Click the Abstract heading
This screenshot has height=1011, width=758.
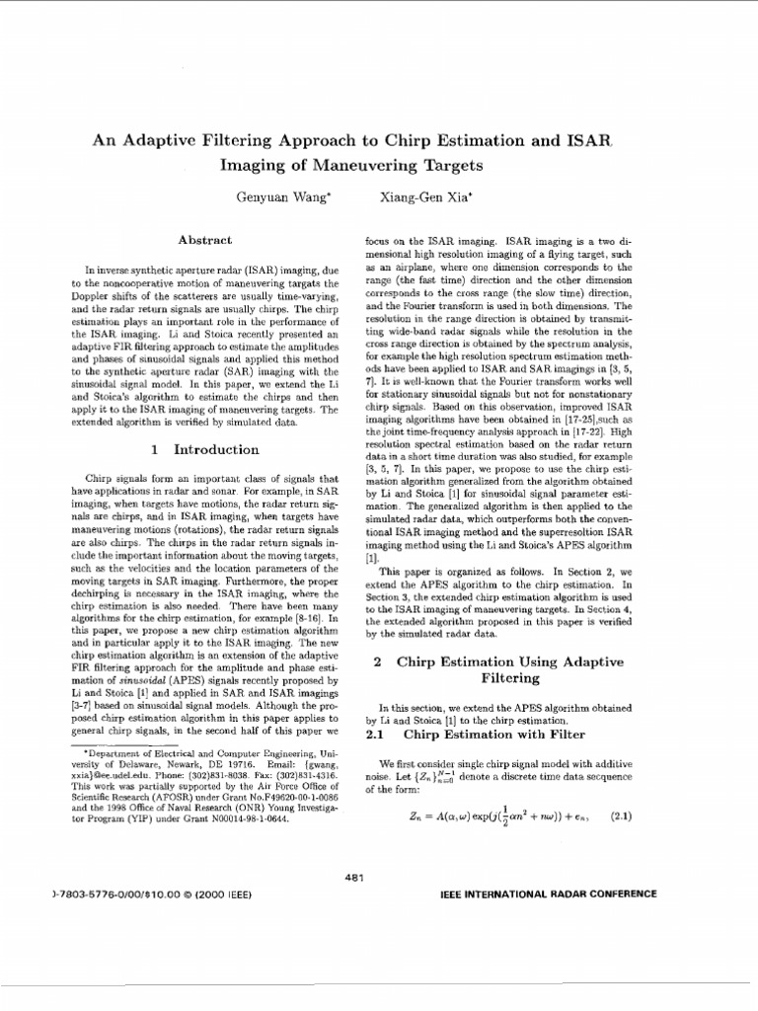point(204,240)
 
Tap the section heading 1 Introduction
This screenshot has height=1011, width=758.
point(205,449)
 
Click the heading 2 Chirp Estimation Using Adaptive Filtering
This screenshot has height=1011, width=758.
point(510,669)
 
